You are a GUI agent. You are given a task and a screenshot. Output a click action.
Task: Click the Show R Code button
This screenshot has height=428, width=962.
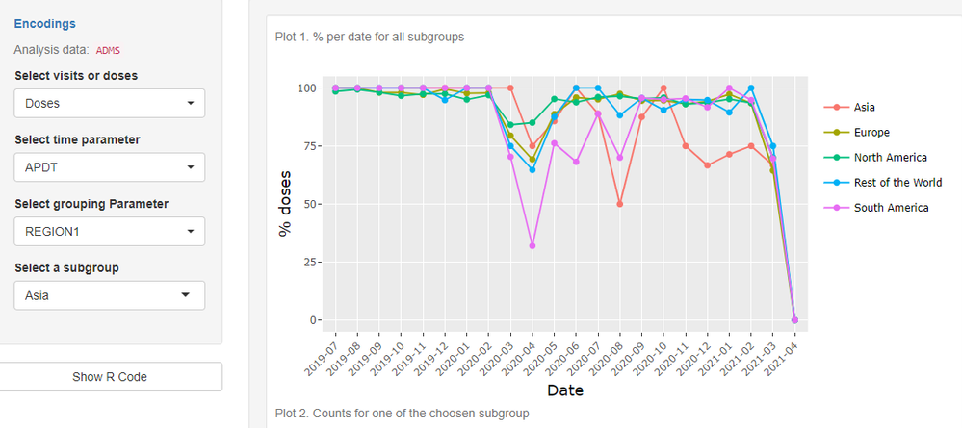point(110,376)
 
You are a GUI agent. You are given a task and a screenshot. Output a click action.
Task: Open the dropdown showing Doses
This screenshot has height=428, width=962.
point(110,103)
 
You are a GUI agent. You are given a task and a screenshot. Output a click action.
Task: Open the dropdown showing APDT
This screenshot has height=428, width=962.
point(110,167)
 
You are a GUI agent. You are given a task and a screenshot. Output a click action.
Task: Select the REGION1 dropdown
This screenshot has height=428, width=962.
point(110,231)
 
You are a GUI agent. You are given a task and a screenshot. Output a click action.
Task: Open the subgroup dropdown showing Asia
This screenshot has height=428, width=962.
point(110,295)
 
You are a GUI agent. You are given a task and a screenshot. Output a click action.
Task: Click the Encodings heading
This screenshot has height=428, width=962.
point(45,23)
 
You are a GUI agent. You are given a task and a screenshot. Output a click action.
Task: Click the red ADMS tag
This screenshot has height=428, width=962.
point(107,50)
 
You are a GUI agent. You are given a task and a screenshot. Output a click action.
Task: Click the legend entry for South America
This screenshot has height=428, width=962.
point(891,208)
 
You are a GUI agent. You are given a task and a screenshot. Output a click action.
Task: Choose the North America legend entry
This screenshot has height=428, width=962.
point(890,158)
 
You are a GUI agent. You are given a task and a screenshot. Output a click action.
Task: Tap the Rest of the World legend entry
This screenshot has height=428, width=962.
point(897,183)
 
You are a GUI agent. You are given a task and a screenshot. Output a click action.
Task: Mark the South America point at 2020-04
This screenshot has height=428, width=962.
point(533,246)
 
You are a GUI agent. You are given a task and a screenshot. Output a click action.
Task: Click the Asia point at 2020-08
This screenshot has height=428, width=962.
point(620,204)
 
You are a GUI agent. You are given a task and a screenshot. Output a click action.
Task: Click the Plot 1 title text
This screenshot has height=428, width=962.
point(370,38)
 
